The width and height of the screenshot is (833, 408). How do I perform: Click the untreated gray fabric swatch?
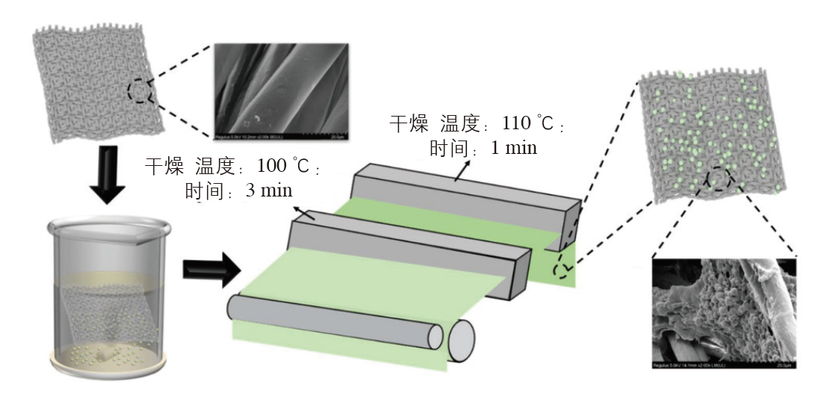(x=97, y=81)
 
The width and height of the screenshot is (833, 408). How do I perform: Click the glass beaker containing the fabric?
(x=109, y=291)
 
